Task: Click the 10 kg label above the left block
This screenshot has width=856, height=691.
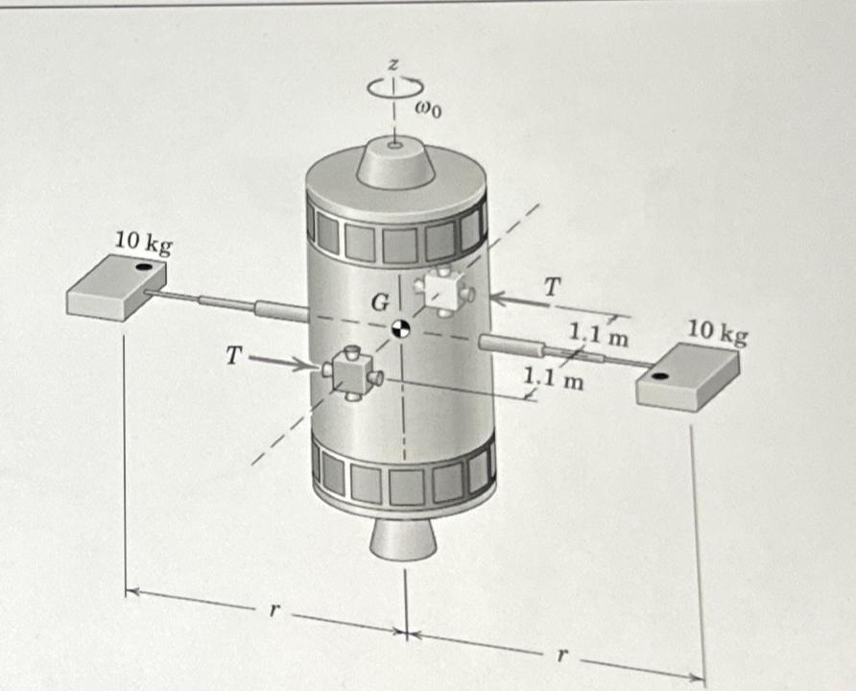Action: coord(144,243)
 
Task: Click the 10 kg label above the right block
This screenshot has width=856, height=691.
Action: coord(717,332)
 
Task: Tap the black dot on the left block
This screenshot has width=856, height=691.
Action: coord(144,267)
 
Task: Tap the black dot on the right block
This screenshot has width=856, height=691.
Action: coord(659,375)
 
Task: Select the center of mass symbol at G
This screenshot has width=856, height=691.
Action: coord(401,328)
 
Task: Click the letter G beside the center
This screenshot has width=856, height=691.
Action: coord(381,302)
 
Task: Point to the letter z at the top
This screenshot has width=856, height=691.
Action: coord(393,65)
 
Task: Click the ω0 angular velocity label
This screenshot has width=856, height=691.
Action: coord(429,110)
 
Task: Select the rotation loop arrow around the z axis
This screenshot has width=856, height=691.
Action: coord(395,86)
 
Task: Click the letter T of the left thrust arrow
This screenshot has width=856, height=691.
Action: coord(233,356)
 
